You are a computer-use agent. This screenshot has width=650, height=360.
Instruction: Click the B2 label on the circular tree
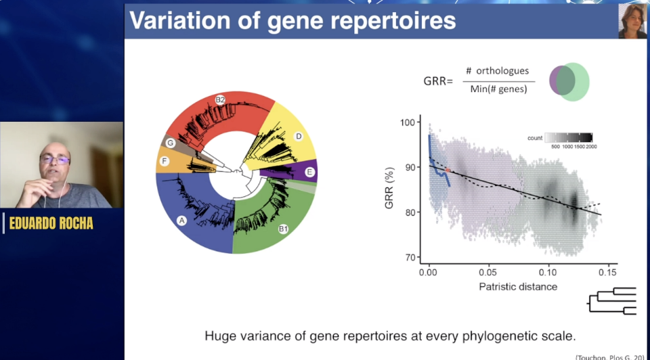point(220,99)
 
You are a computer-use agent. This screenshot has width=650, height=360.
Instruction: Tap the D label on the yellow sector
point(299,137)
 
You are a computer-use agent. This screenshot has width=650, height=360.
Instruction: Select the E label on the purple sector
point(309,173)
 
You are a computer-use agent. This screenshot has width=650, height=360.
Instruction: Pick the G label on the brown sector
point(171,143)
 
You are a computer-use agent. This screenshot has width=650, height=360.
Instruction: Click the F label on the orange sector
point(165,161)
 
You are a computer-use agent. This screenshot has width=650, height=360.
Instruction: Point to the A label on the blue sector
point(181,221)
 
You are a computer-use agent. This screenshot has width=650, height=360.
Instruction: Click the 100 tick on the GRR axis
point(407,123)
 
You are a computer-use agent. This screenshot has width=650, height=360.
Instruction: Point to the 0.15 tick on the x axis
point(607,273)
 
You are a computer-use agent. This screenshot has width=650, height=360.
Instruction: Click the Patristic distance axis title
point(518,286)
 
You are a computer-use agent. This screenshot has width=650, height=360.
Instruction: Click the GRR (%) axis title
point(389,189)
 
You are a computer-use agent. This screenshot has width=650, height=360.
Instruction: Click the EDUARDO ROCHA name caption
point(51,223)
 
